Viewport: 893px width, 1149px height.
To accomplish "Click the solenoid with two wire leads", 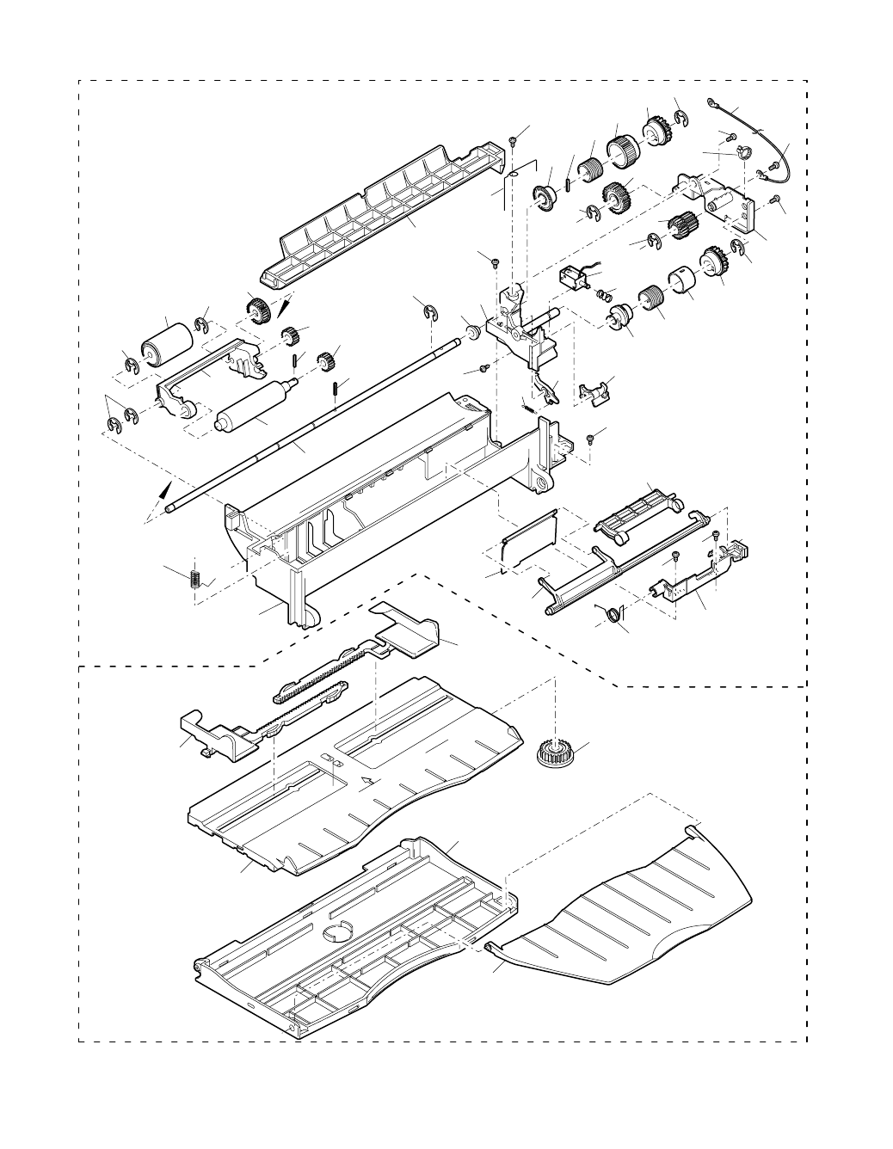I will pos(572,277).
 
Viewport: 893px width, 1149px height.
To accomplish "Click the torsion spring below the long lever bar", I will pos(612,613).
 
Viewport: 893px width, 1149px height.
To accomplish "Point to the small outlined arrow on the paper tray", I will pos(368,780).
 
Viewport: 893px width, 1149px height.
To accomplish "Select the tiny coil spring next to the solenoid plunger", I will pos(607,294).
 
